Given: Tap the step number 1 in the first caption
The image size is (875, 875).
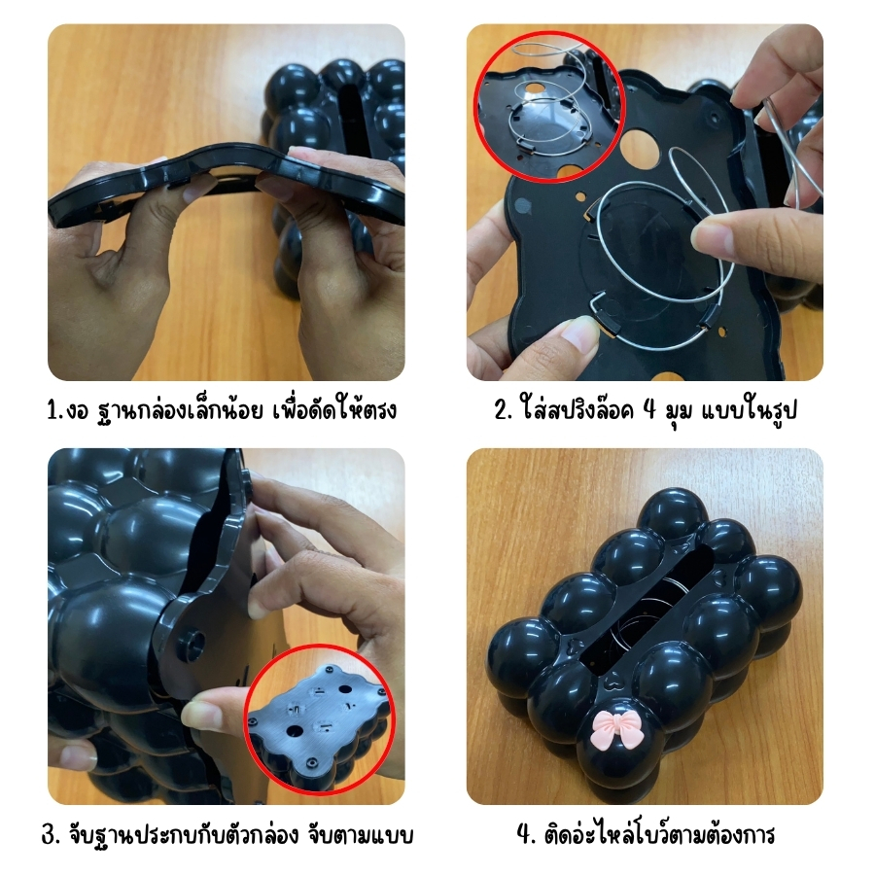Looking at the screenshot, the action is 53,410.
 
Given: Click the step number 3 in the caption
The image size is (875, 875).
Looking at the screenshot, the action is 51,835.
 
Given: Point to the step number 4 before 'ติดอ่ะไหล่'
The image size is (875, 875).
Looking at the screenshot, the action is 526,835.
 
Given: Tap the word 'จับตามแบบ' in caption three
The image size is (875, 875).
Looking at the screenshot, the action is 361,835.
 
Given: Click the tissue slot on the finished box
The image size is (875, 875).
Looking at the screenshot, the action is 648,604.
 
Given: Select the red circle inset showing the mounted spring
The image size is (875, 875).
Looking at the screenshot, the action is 549,107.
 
